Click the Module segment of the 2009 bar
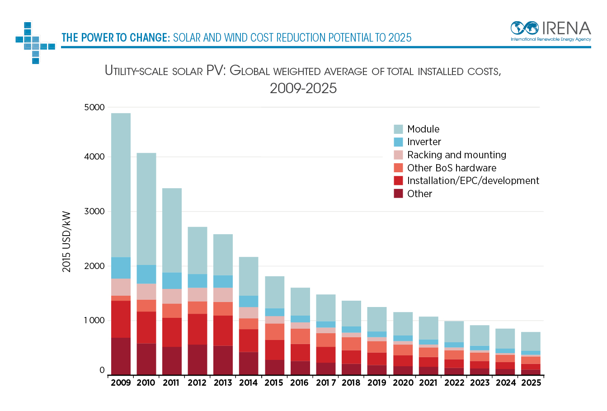click(121, 185)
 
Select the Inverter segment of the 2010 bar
click(146, 274)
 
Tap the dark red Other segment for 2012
click(197, 360)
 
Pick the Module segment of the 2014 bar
click(249, 276)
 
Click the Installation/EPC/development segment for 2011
click(172, 332)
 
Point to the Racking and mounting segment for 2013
click(223, 295)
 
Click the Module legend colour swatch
click(398, 129)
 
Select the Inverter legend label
click(424, 142)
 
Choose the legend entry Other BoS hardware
click(452, 168)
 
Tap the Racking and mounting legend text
click(456, 155)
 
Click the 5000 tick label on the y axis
click(94, 108)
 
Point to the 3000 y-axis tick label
click(94, 212)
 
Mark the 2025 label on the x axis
click(531, 383)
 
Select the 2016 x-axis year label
click(299, 383)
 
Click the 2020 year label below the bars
click(403, 383)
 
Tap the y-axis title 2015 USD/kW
click(66, 242)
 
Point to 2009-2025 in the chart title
click(303, 88)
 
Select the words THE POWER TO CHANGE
click(115, 38)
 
